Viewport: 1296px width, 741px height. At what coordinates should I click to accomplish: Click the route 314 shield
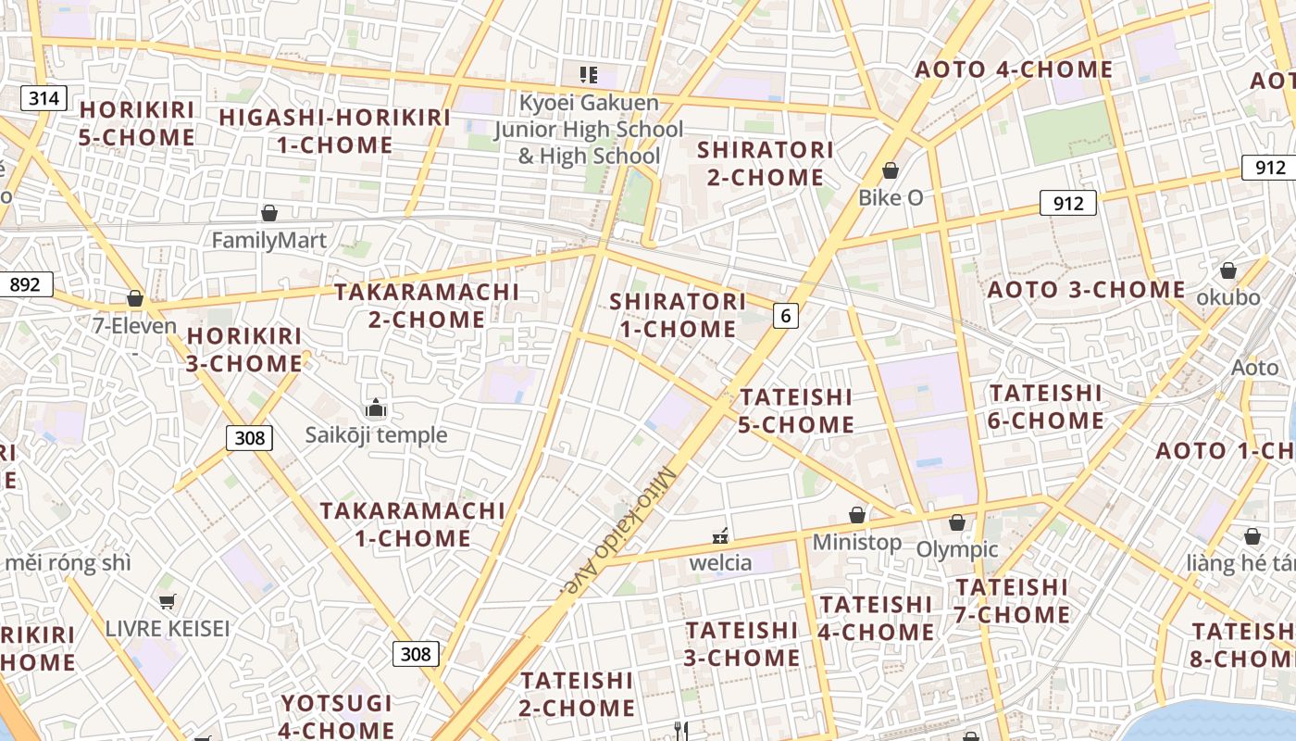44,97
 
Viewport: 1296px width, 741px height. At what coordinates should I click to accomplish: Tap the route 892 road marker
25,284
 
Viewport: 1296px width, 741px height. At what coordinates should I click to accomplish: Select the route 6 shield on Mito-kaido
785,316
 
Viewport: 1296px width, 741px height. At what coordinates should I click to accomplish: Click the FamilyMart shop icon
269,214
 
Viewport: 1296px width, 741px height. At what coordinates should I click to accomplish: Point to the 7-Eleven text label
135,326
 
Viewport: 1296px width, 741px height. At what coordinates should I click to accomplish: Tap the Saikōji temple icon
376,408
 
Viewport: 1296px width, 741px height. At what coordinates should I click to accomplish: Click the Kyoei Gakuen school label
589,129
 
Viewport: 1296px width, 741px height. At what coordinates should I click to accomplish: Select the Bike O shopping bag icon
891,170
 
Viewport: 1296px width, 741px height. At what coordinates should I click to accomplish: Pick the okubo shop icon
1228,270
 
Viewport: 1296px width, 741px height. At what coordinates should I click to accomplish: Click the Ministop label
857,542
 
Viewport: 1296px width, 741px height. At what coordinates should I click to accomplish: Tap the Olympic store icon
957,522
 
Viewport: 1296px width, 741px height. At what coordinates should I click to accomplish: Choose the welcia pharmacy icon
720,535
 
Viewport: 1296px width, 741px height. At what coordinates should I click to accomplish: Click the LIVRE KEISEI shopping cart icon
167,602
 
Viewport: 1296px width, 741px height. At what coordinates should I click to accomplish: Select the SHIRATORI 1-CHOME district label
678,315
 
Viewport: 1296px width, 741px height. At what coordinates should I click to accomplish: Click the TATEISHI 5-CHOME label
796,410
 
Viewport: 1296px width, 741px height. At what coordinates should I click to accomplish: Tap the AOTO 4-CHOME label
1014,69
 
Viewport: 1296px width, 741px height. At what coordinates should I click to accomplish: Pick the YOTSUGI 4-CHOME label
337,716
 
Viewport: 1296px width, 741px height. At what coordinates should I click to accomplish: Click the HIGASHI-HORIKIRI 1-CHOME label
334,131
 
